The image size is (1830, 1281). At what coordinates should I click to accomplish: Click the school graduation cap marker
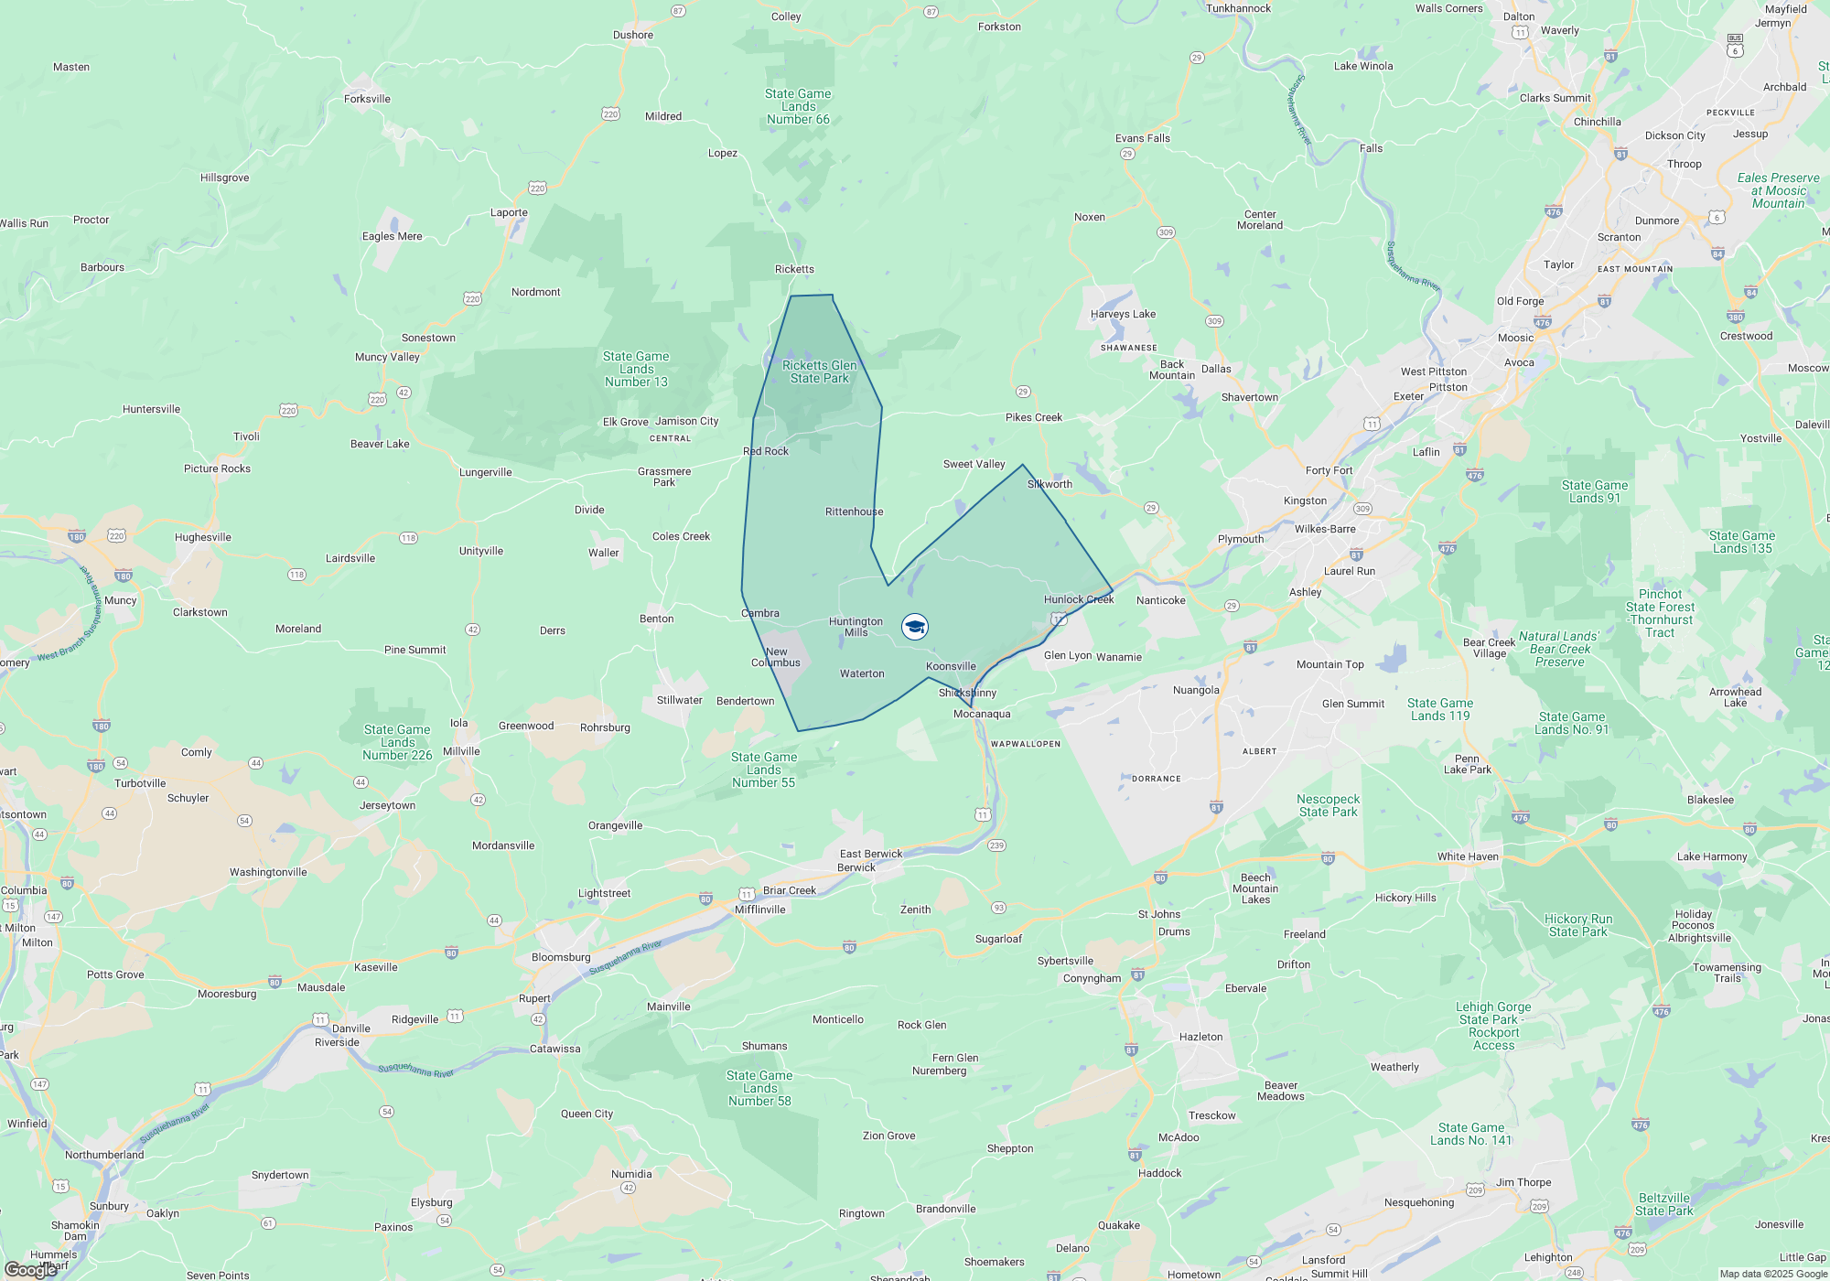coord(915,627)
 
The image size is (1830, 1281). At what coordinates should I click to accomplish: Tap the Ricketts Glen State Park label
coord(820,371)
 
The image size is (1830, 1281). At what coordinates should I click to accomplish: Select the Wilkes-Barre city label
coord(1325,529)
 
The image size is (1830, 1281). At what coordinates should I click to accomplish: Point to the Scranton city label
coord(1619,237)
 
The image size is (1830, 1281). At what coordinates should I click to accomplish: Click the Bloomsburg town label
coord(561,957)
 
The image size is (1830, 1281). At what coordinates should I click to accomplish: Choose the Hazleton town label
coord(1200,1037)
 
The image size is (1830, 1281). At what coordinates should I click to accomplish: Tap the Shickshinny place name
coord(967,693)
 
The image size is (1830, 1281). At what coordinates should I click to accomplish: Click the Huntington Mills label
coord(856,627)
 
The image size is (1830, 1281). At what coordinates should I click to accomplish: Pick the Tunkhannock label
coord(1238,8)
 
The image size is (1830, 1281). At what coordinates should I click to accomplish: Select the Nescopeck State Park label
coord(1328,805)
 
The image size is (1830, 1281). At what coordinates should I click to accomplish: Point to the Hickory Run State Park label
coord(1578,925)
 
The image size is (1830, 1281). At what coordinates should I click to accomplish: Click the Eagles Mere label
coord(392,236)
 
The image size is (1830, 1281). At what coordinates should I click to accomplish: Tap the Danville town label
coord(351,1028)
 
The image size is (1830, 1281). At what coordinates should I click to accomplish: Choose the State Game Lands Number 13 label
coord(636,369)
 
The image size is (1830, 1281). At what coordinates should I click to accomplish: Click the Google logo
coord(30,1270)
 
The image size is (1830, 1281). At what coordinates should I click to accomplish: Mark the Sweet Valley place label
coord(974,464)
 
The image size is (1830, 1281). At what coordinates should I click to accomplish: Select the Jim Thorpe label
coord(1523,1182)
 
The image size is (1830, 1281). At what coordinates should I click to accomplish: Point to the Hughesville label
coord(203,537)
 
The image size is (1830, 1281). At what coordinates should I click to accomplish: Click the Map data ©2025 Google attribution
coord(1773,1274)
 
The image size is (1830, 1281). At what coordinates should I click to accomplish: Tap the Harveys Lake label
coord(1123,314)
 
